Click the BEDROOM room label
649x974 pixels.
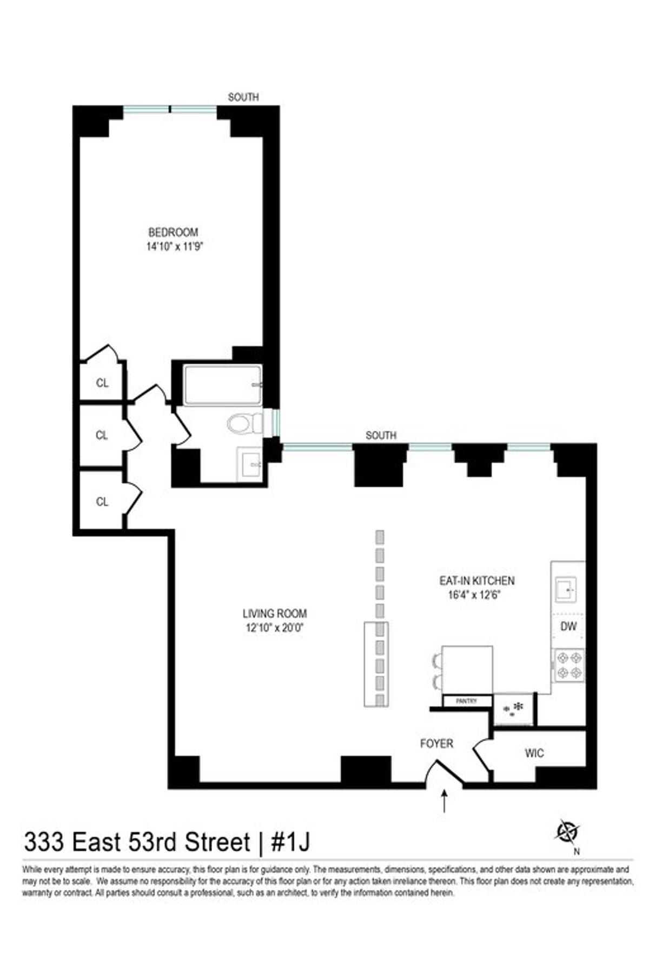173,233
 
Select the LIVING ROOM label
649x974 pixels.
275,614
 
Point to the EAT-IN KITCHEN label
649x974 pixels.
476,581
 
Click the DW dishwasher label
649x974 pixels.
568,627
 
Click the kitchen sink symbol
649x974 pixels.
567,589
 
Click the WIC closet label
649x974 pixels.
534,753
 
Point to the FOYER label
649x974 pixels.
436,744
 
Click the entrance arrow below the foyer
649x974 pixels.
445,801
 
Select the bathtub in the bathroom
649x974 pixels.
223,385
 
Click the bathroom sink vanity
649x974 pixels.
251,463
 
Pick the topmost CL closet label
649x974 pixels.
102,383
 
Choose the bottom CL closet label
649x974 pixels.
102,502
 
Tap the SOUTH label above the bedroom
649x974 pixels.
243,97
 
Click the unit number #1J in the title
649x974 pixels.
290,843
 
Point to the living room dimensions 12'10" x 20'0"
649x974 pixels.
275,628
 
